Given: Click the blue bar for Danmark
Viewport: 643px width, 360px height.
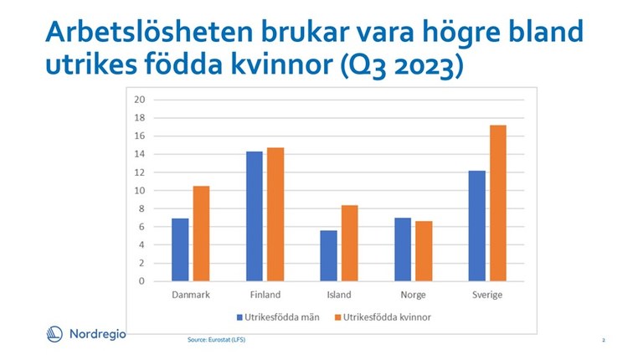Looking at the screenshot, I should pyautogui.click(x=180, y=249).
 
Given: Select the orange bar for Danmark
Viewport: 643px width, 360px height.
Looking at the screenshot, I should pyautogui.click(x=201, y=234).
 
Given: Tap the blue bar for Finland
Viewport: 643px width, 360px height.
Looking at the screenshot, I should pyautogui.click(x=254, y=216).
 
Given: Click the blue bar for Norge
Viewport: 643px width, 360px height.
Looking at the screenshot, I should pyautogui.click(x=402, y=249).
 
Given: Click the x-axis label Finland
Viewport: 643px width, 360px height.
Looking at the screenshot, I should pyautogui.click(x=265, y=295).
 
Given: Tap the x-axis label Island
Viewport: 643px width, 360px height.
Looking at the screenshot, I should pyautogui.click(x=338, y=295).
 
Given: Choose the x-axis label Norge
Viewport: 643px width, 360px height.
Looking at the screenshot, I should pyautogui.click(x=412, y=295).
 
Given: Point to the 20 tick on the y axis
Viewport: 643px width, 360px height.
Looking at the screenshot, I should pyautogui.click(x=140, y=100).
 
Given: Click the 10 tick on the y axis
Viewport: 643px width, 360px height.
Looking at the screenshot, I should pyautogui.click(x=140, y=190).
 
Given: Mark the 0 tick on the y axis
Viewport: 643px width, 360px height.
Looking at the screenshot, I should pyautogui.click(x=142, y=281).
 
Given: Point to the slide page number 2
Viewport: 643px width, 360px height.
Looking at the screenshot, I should pyautogui.click(x=603, y=340).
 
